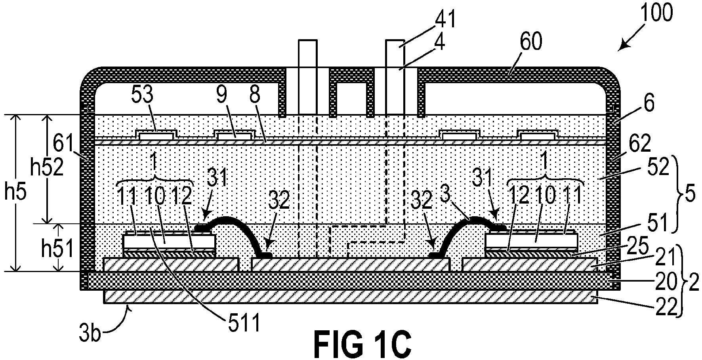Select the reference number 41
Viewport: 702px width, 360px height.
click(444, 19)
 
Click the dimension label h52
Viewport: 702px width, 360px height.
click(47, 168)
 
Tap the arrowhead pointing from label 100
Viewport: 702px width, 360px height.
click(622, 47)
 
